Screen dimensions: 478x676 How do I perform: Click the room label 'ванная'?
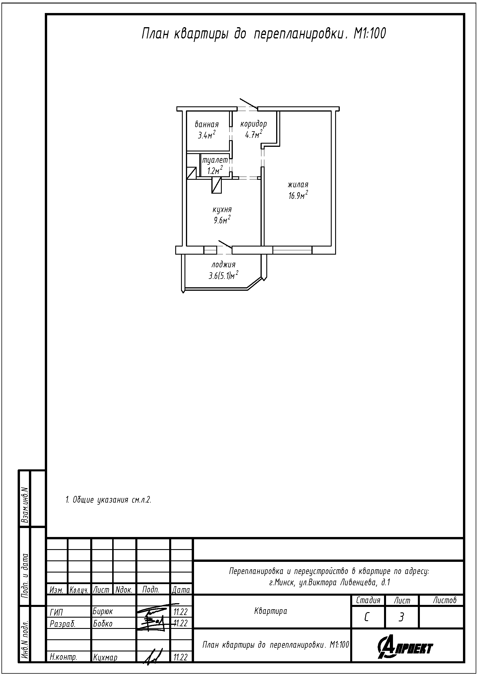pos(207,124)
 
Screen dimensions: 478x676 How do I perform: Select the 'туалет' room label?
pos(215,160)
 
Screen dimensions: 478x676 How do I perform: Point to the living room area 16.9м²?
pos(298,195)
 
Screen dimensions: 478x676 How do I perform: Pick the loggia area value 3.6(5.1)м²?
pos(224,275)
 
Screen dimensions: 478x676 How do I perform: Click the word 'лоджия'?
pos(224,264)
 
